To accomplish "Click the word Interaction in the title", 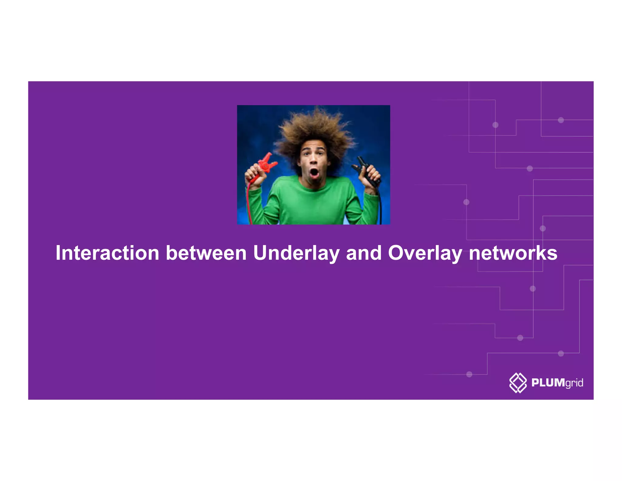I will coord(107,253).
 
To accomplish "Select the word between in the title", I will coord(206,253).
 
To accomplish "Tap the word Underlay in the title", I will coord(296,253).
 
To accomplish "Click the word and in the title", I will coord(364,253).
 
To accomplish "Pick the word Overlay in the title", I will coord(425,253).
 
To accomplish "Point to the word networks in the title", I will coord(513,253).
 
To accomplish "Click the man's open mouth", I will coord(314,173).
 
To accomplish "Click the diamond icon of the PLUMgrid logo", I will coord(518,382).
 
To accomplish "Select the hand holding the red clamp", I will coord(253,175).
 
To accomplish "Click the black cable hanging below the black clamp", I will coord(380,207).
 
